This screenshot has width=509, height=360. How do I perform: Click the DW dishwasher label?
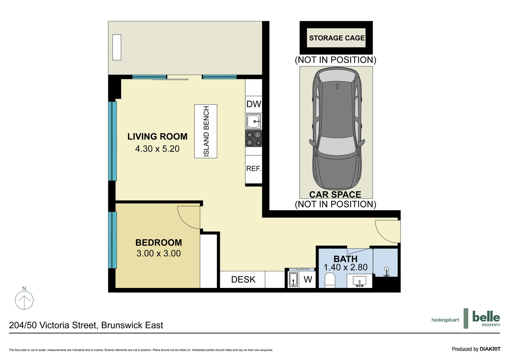pos(254,104)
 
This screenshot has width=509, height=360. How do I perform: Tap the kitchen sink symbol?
pos(254,121)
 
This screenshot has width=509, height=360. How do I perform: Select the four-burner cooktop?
pos(254,139)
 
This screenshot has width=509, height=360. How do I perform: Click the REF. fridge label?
pos(254,169)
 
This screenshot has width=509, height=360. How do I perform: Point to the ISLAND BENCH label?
pos(206,131)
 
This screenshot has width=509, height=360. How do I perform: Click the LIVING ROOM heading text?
pos(157,136)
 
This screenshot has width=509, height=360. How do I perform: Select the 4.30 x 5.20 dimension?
pos(157,149)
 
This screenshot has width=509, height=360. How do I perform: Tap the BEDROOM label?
pos(159,242)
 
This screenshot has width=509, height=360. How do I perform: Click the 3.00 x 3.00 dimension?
pos(159,253)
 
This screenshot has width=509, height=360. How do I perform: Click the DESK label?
pos(243,279)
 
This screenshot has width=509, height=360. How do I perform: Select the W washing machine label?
pos(308,279)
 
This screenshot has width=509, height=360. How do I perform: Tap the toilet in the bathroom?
pos(329,280)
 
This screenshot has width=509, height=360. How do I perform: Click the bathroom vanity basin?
pos(359,281)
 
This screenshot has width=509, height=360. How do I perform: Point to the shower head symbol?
pos(386,271)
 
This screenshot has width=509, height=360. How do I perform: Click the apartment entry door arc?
pos(386,231)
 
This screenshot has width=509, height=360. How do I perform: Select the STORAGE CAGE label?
pos(337,38)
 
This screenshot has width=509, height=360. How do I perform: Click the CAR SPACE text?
pos(335,194)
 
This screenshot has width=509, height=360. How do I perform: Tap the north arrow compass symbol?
pos(24,300)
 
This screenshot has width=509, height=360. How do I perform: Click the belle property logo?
pos(486,318)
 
